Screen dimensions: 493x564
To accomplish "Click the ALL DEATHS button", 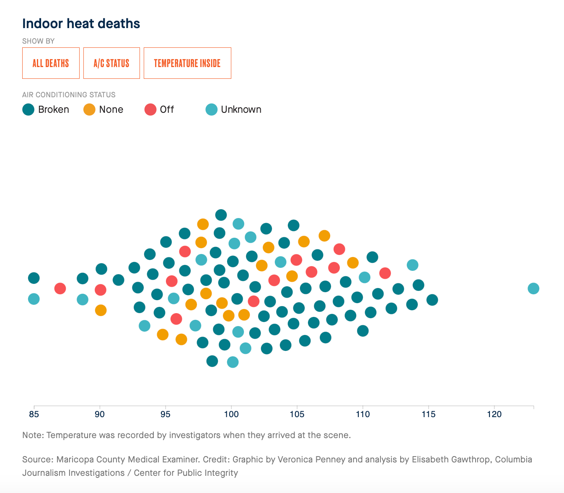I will click(x=51, y=63).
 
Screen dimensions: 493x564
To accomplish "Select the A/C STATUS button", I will click(x=111, y=63).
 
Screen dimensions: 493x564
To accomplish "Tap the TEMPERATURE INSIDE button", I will click(x=187, y=63).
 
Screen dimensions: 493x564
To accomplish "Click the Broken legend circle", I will click(x=28, y=110).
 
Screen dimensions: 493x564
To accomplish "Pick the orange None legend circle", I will click(x=90, y=110).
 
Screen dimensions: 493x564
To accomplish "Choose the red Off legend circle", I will click(x=150, y=110).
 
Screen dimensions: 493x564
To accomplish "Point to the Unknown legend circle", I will click(x=212, y=110).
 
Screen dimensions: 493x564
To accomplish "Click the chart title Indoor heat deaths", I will click(x=81, y=23).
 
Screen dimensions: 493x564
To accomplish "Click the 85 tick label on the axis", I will click(x=34, y=415).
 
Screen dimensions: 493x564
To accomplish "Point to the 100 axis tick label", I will click(x=231, y=415).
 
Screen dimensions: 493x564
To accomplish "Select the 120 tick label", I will click(x=494, y=415).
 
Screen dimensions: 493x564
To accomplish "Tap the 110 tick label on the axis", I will click(x=363, y=415).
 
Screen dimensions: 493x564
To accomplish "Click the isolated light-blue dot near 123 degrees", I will click(x=533, y=288).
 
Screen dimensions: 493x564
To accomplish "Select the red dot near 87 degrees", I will click(x=60, y=288).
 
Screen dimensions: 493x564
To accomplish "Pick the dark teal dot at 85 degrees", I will click(x=34, y=278).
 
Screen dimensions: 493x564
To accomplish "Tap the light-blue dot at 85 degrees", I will click(x=34, y=299).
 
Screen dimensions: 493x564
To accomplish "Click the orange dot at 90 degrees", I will click(x=101, y=310).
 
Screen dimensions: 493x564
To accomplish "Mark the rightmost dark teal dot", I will click(x=432, y=300).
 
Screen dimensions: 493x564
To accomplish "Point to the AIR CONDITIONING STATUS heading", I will click(x=69, y=95).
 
